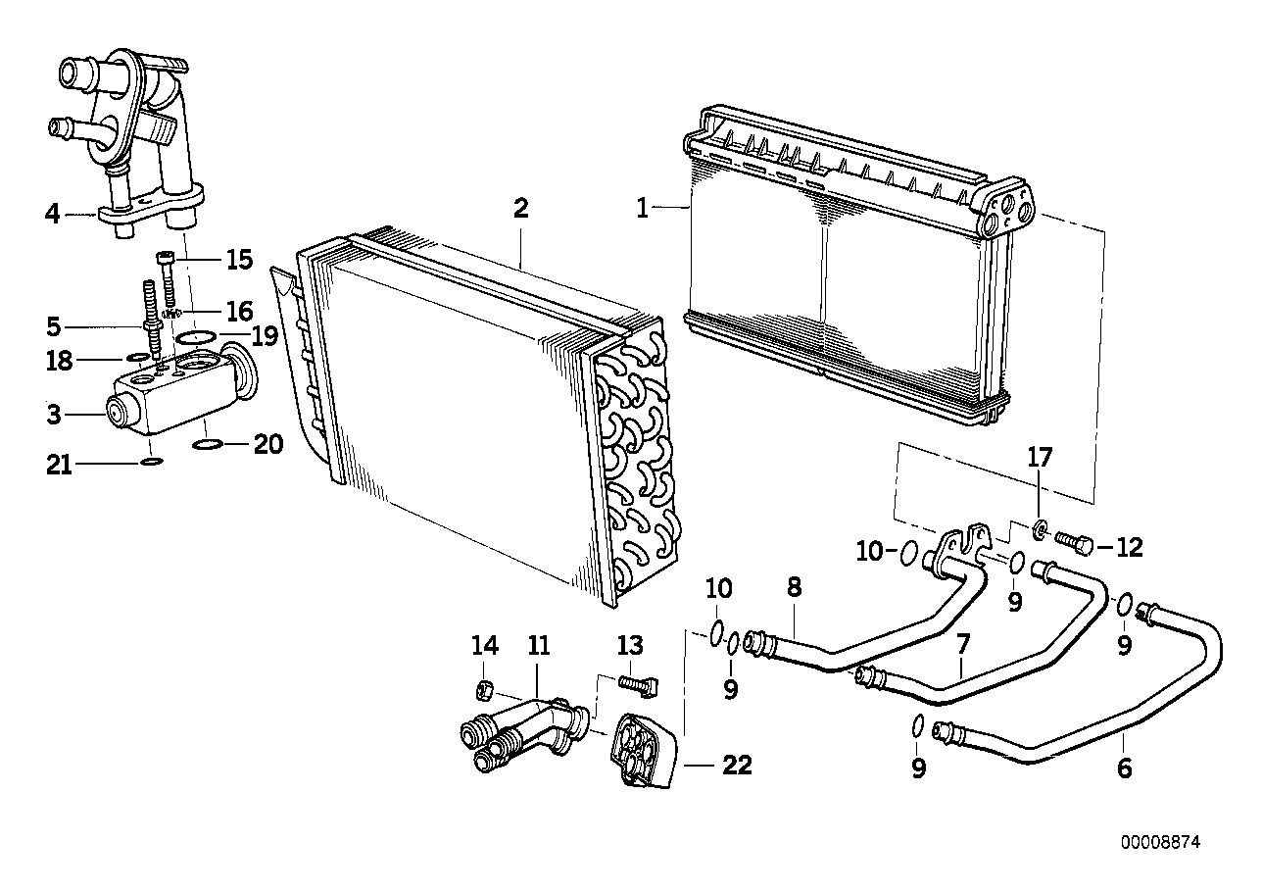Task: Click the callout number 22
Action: click(737, 766)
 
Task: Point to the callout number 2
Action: click(520, 209)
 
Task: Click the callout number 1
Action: click(642, 209)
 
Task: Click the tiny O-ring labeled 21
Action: click(151, 460)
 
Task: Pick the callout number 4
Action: click(53, 213)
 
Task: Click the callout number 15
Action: click(239, 260)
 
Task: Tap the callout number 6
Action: click(1124, 768)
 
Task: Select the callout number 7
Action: click(963, 644)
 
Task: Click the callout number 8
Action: click(794, 587)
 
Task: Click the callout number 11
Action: click(539, 646)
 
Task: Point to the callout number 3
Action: click(53, 415)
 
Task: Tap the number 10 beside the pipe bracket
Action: click(869, 551)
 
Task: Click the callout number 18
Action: click(60, 361)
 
